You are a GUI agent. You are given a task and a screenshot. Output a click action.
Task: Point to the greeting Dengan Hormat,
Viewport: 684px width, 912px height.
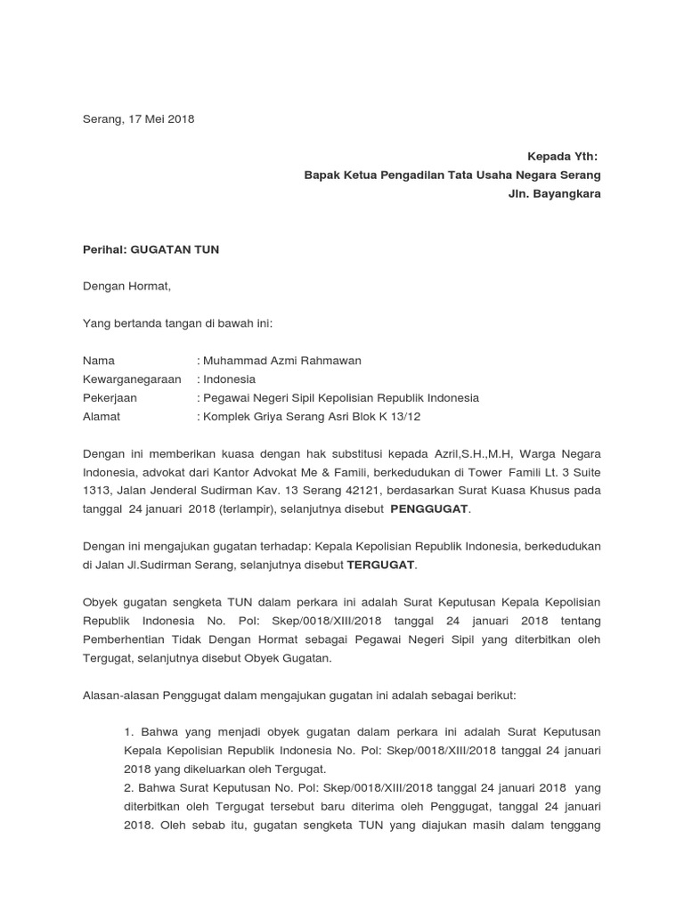(126, 287)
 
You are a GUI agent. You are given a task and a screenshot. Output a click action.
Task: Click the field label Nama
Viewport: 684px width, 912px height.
(99, 361)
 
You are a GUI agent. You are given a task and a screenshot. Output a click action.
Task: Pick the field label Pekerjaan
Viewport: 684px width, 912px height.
(110, 398)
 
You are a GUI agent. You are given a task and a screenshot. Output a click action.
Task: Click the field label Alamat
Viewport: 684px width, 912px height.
(101, 416)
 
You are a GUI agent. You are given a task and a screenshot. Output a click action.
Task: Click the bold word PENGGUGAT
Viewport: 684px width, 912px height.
(429, 509)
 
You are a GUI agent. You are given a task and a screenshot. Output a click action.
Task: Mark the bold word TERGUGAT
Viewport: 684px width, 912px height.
(380, 565)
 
